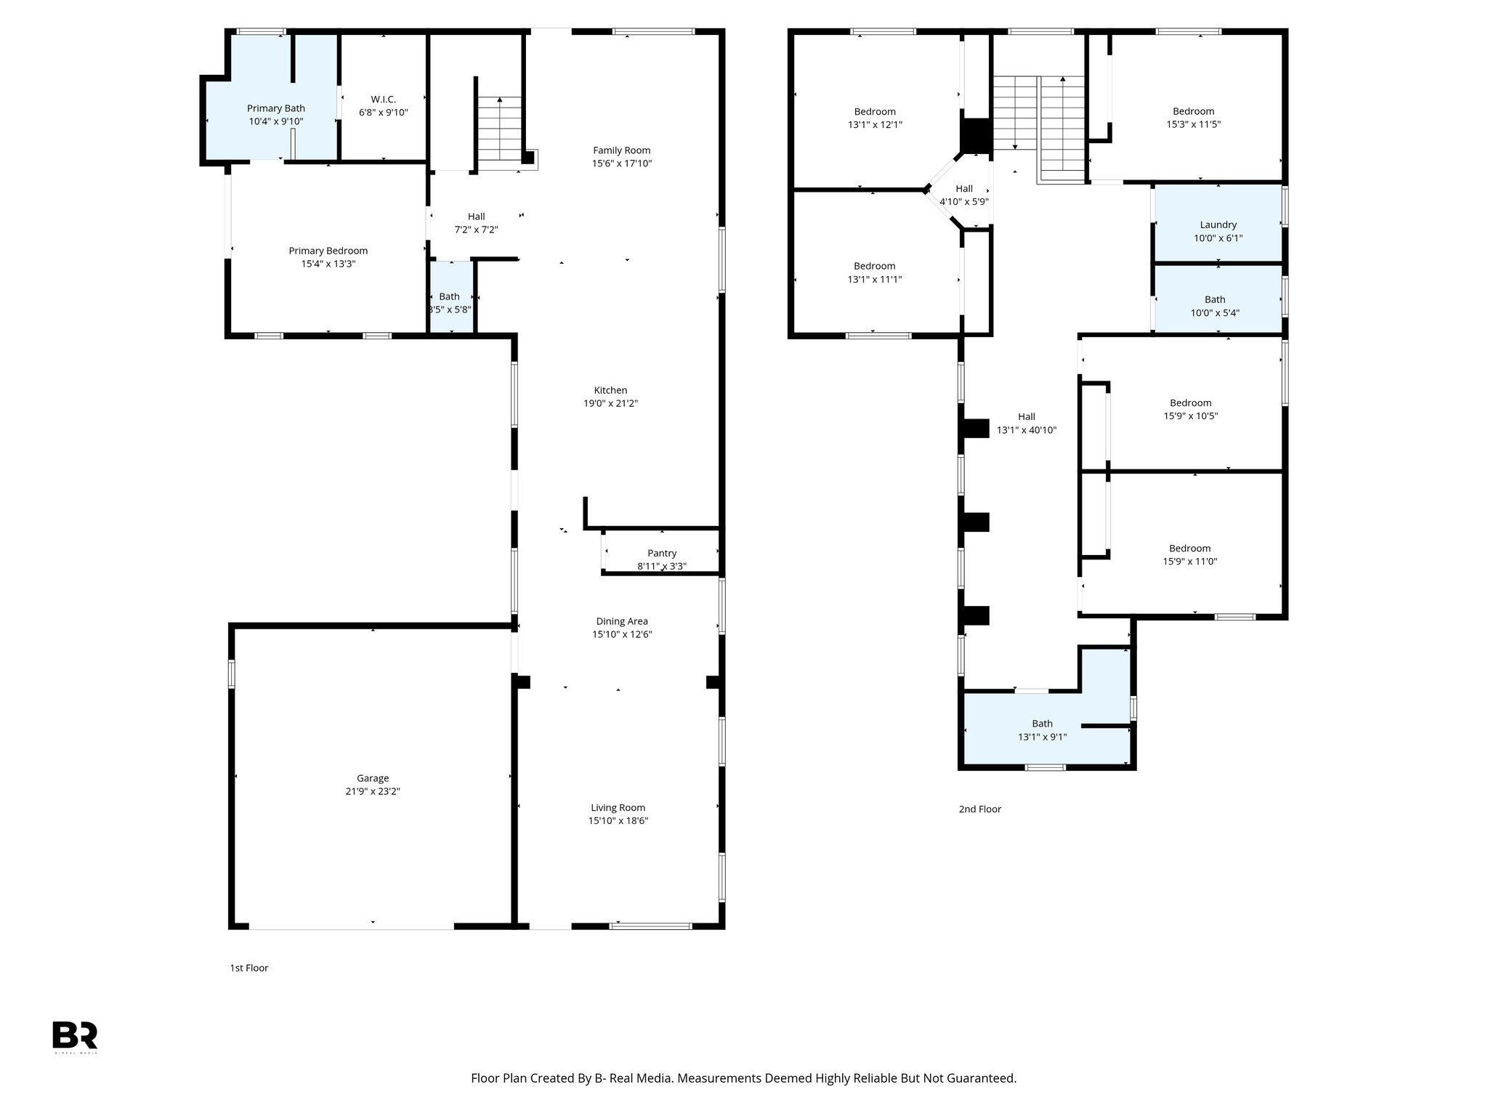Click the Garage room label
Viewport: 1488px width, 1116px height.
[372, 778]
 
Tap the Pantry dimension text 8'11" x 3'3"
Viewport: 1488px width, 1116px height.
[661, 566]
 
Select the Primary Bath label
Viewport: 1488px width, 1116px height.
[275, 108]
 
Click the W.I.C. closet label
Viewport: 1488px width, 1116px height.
[383, 99]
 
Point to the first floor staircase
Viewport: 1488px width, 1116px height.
[499, 131]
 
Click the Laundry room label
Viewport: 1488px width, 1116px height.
[1218, 225]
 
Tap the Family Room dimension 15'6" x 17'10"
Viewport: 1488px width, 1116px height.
[621, 163]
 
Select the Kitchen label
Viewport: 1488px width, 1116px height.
[610, 390]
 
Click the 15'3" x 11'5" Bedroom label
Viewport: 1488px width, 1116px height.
[1193, 111]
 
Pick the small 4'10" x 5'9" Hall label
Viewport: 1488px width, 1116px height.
[963, 189]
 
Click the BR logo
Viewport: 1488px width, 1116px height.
[75, 1035]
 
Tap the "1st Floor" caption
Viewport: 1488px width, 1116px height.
[249, 968]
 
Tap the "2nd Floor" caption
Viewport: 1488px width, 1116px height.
[979, 809]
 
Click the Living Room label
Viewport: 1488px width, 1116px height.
[618, 807]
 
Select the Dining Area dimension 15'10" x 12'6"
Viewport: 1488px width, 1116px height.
[621, 634]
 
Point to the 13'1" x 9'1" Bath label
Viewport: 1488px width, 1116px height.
[1042, 723]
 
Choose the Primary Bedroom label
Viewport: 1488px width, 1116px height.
[328, 251]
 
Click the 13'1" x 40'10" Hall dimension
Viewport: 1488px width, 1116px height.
[1026, 429]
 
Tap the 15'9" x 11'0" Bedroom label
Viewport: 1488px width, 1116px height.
[1189, 549]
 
